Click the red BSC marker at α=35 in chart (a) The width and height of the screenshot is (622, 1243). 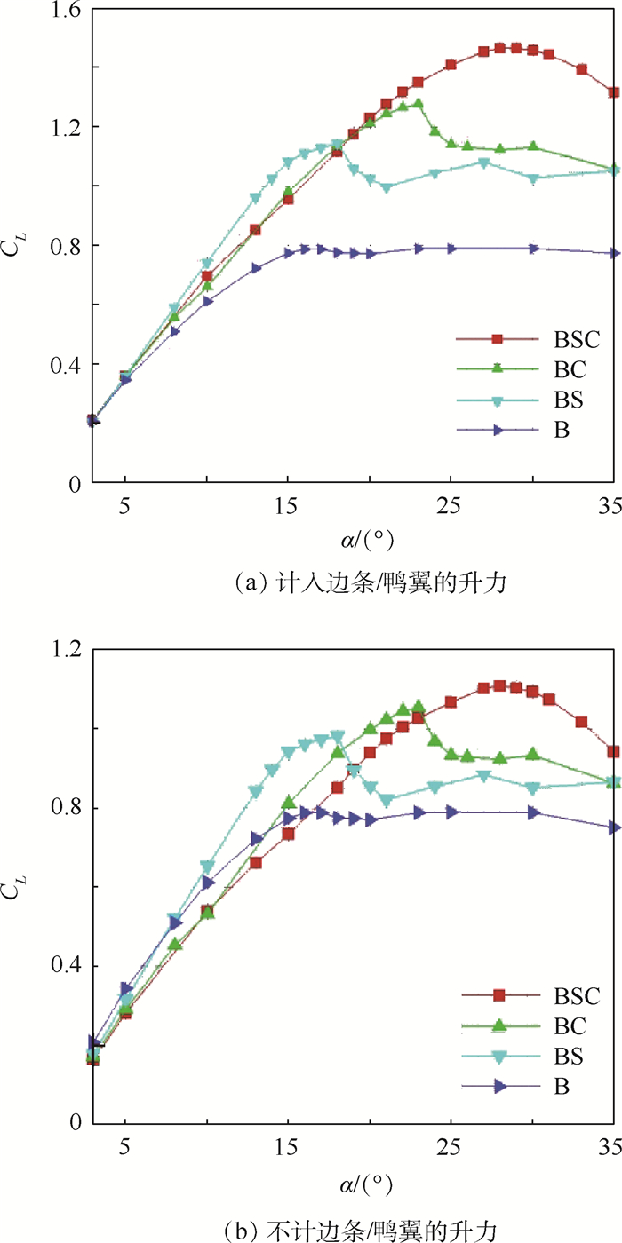click(614, 92)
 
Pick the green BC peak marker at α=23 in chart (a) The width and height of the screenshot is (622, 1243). click(418, 104)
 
